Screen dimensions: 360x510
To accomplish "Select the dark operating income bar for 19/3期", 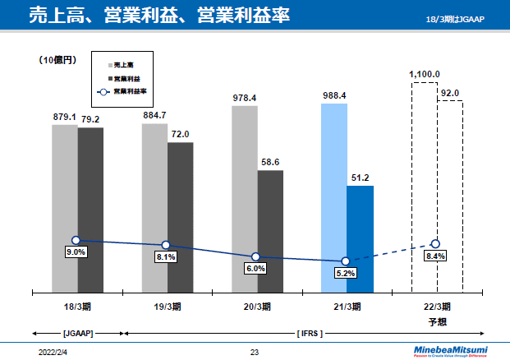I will point(181,217).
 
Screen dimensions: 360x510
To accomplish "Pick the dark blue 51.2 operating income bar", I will point(360,238).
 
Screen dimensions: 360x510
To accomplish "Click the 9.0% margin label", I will point(76,252).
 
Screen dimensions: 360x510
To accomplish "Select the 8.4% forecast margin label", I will point(435,256).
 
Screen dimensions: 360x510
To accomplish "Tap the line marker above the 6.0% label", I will point(255,257).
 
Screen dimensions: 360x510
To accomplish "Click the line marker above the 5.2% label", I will point(346,261).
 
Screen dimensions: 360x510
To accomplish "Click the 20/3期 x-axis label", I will point(256,307).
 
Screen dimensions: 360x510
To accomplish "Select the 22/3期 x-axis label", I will point(436,307).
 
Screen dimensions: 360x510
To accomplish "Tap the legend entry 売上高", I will point(124,63).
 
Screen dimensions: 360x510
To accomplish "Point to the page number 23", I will point(255,352).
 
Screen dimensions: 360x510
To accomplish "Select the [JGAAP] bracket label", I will point(78,334).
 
